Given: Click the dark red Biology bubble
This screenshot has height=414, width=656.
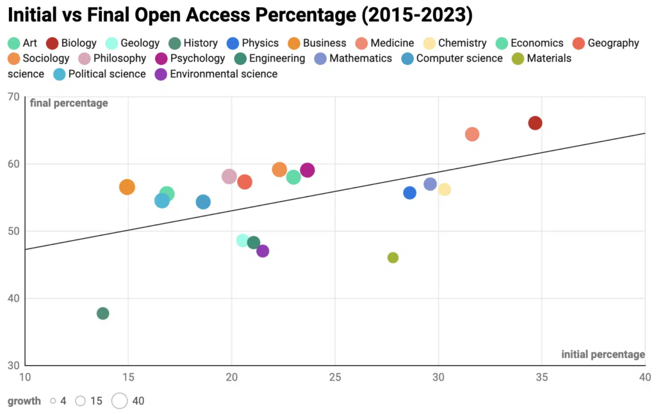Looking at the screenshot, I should pos(535,123).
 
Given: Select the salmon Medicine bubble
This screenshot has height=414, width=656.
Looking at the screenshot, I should pos(472,134).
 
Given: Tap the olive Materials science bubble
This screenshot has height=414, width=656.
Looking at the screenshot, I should pos(393,257).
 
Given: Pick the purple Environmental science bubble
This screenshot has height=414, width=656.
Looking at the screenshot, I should pos(263,251).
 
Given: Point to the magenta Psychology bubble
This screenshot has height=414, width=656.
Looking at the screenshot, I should pos(307,170).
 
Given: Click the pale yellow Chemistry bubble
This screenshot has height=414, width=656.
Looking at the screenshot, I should pos(444,189).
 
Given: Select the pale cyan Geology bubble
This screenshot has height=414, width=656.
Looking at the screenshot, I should pos(242,240).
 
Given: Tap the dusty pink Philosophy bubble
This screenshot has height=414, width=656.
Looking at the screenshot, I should pos(229,177).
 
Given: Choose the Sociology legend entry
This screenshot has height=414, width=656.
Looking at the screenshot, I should pos(39,58).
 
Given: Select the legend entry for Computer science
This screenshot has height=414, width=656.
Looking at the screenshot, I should pos(452,58).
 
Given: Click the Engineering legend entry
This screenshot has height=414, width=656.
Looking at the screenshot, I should pos(270,58).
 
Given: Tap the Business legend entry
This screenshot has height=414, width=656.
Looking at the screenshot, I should pos(317,43).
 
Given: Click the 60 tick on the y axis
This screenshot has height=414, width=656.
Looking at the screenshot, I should pos(13,164).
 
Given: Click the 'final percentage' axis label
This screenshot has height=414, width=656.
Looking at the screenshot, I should pos(69,103).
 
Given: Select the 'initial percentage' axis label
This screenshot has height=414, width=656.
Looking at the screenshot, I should pos(603,354).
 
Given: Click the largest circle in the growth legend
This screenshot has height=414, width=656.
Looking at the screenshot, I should pos(120,401).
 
